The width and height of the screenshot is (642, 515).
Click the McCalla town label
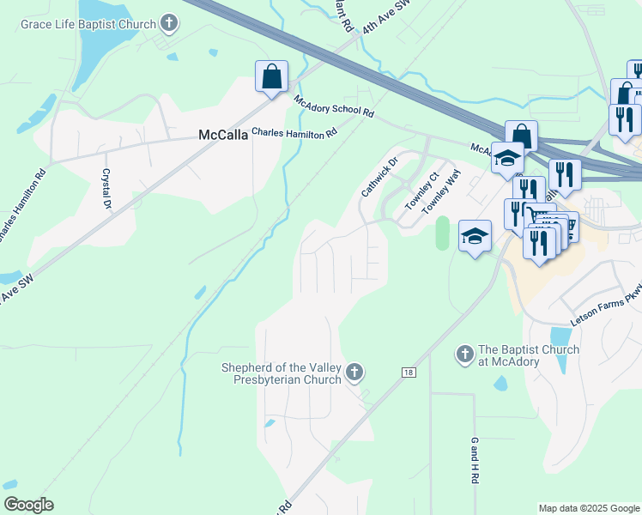tap(222, 135)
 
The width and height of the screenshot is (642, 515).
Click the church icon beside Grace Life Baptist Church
tap(169, 22)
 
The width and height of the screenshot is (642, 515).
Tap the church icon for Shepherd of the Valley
tap(354, 373)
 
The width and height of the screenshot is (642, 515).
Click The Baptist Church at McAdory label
tap(529, 355)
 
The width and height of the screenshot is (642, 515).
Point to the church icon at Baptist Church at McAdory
tap(464, 354)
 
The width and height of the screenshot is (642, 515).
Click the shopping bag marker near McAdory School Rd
tap(271, 77)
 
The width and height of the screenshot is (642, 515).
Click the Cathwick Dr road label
tap(380, 176)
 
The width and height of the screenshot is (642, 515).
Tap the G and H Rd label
tap(474, 460)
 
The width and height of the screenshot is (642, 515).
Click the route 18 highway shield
tap(409, 372)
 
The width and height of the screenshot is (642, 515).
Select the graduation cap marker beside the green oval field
tap(475, 235)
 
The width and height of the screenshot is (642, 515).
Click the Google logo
tap(28, 505)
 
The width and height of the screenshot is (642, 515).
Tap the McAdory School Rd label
tap(334, 106)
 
